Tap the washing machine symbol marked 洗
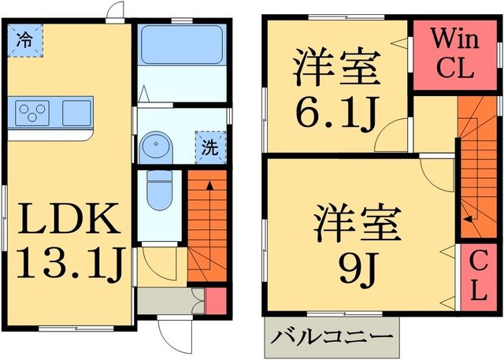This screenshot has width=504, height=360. click(x=209, y=146)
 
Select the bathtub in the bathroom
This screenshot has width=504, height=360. click(x=181, y=46)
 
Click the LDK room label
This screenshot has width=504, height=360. click(x=69, y=221)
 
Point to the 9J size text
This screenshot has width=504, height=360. click(x=358, y=270)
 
